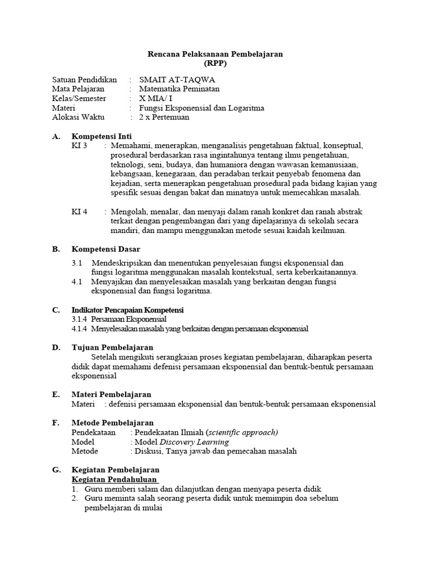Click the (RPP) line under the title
[x=215, y=63]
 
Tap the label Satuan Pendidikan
[x=84, y=79]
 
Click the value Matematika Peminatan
[x=179, y=89]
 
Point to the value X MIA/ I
[x=155, y=98]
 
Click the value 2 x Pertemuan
[x=164, y=117]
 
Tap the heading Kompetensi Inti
[x=102, y=136]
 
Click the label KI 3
[x=80, y=145]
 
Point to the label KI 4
[x=80, y=212]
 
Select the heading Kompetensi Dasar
[x=106, y=249]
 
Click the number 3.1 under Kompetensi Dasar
[x=77, y=263]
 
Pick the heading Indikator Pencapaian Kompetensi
[x=127, y=310]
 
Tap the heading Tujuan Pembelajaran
[x=112, y=348]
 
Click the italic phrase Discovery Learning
[x=187, y=442]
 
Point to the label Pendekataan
[x=94, y=432]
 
